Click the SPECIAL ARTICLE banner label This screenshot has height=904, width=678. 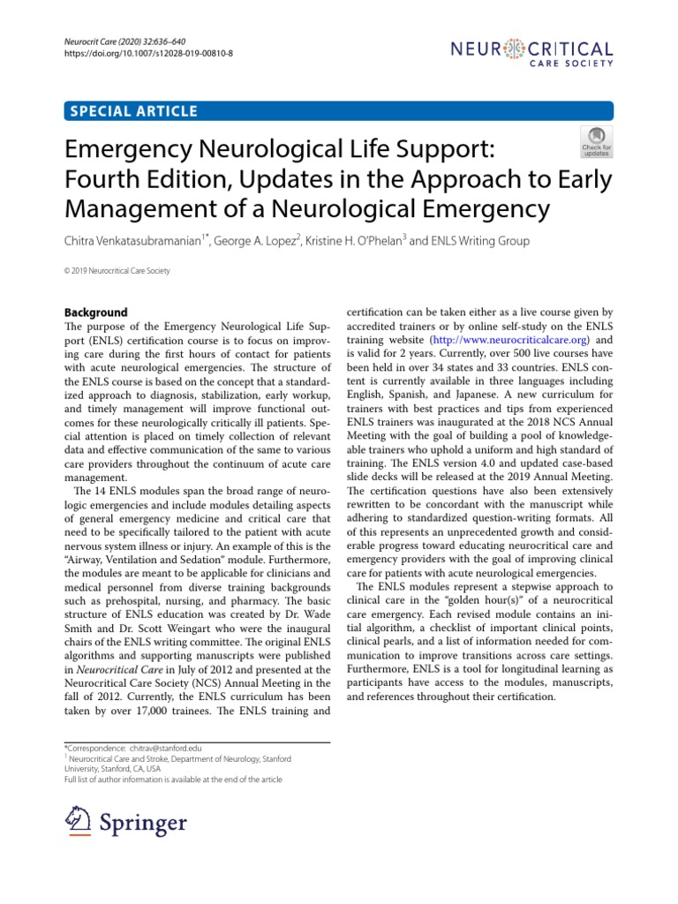pos(132,111)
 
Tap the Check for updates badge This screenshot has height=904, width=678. pos(596,141)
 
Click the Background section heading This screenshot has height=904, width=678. pos(97,313)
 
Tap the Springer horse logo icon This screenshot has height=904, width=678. pos(80,823)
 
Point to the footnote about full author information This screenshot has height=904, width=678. pos(175,780)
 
